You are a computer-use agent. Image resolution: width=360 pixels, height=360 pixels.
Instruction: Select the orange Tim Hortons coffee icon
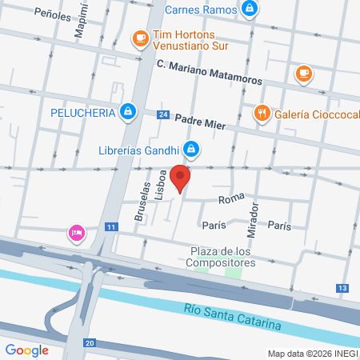point(140,38)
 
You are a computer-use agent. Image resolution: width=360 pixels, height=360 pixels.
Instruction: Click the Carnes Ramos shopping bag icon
point(250,10)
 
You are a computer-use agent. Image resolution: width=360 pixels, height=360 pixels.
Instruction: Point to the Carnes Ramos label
point(201,10)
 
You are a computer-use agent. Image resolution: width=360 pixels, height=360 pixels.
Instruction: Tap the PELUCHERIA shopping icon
point(127,112)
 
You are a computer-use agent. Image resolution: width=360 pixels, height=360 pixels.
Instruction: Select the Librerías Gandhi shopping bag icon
point(190,149)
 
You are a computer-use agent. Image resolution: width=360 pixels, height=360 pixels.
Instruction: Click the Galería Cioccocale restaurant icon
point(261,114)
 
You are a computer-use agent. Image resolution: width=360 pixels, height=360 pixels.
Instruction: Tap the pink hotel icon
point(77,233)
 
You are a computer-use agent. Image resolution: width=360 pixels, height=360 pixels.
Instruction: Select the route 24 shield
point(163,115)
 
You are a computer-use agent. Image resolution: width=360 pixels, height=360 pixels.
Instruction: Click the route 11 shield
point(111,228)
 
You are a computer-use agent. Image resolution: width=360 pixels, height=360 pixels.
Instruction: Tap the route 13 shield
point(342,287)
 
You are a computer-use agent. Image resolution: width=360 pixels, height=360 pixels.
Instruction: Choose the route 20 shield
point(89,342)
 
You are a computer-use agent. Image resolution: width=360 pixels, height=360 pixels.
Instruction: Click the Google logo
point(26,350)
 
